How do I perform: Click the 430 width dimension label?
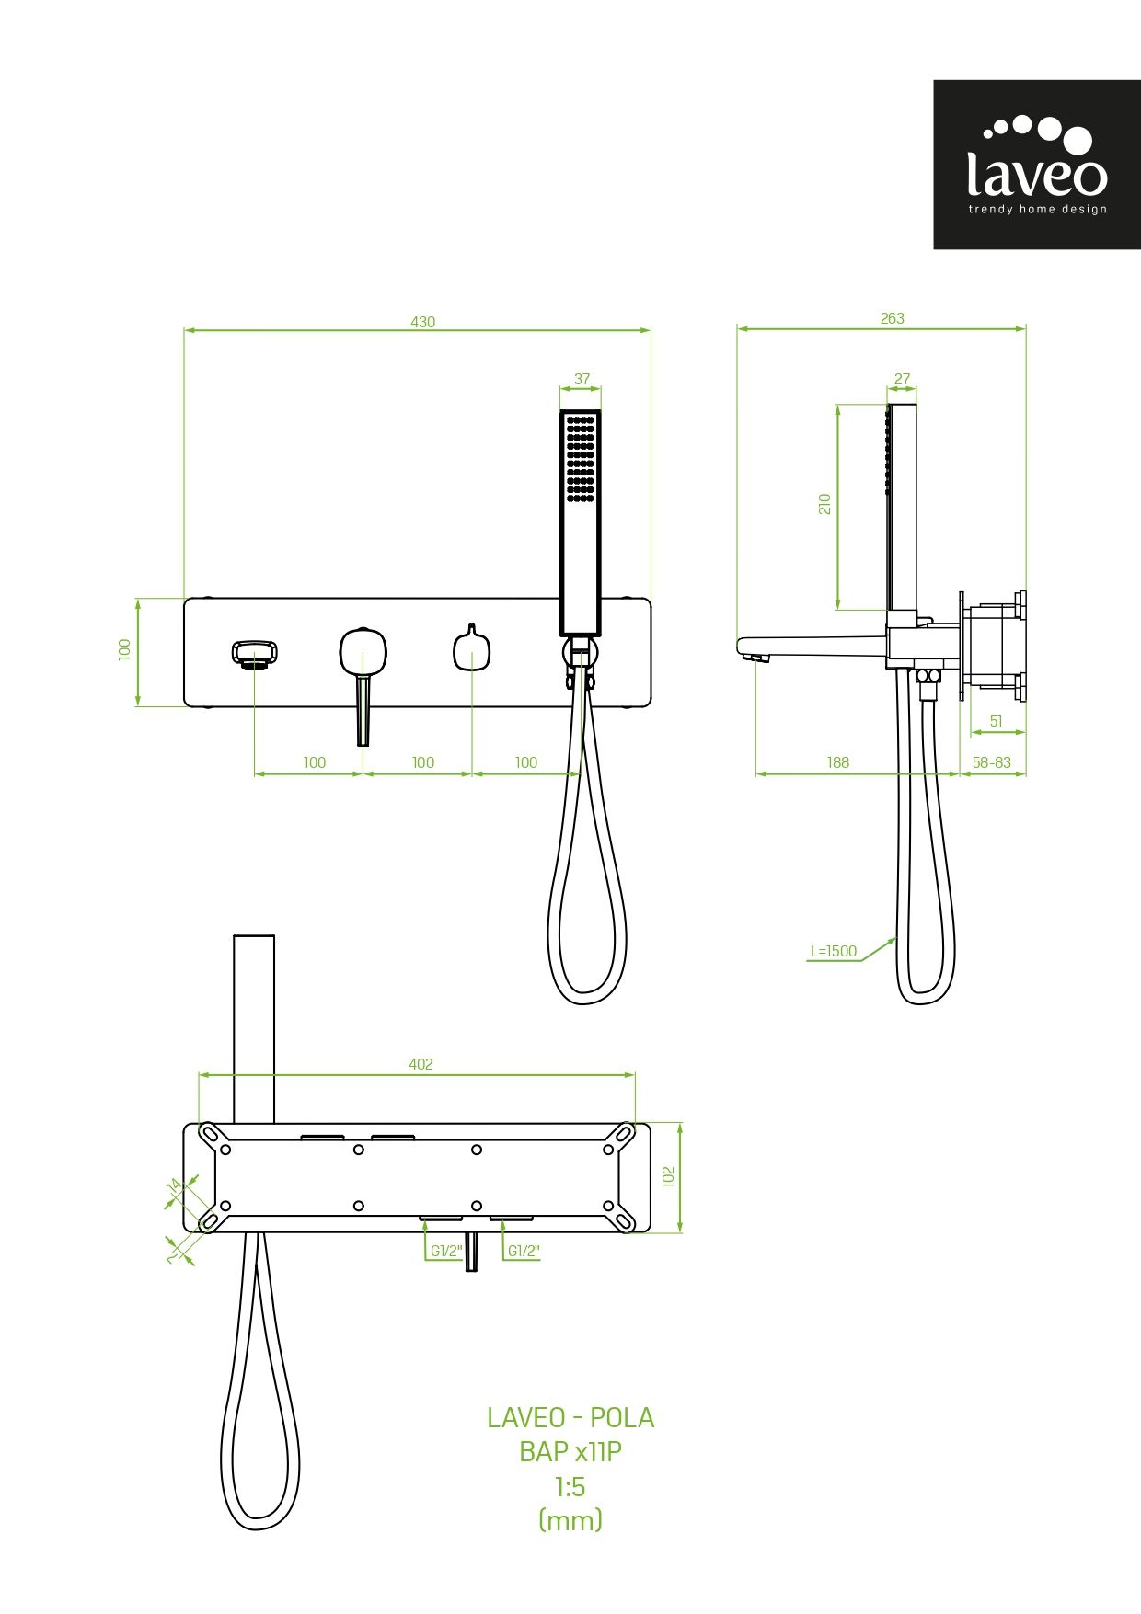click(x=422, y=322)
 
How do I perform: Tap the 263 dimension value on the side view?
click(x=892, y=318)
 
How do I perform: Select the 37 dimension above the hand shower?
click(x=582, y=379)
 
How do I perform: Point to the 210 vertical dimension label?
click(x=824, y=504)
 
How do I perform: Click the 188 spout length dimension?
click(x=837, y=762)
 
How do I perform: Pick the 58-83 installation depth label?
click(x=991, y=762)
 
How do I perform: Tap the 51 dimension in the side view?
click(x=996, y=722)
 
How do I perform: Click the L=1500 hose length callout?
click(x=833, y=952)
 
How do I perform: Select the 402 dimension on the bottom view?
click(x=421, y=1064)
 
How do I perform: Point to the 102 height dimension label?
click(x=668, y=1177)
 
